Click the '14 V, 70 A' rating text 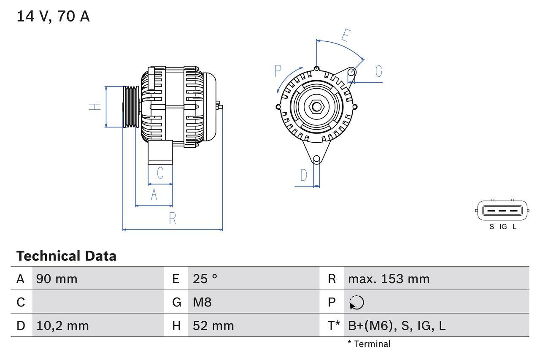[53, 16]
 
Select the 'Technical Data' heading [66, 256]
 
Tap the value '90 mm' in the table [57, 279]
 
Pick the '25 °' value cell [205, 279]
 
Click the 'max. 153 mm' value [389, 279]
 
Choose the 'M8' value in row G [202, 302]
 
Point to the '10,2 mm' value [62, 325]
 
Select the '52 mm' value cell [213, 325]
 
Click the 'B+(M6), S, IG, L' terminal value [397, 325]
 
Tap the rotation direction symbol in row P [356, 302]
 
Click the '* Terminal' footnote [369, 344]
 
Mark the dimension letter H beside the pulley [96, 106]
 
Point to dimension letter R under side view [172, 218]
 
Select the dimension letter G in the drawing [378, 71]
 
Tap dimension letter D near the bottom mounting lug [304, 175]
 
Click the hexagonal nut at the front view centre [316, 106]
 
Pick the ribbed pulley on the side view [131, 106]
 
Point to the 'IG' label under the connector [503, 227]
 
